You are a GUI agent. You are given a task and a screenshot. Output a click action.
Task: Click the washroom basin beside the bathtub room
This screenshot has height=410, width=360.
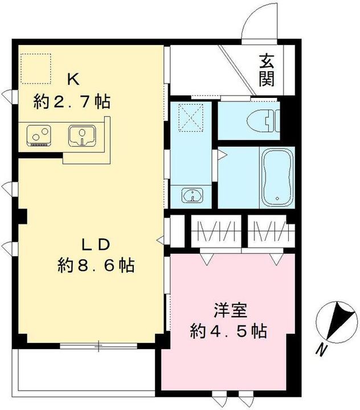[194, 195]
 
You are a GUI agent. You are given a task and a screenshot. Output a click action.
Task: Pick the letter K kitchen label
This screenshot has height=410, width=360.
[71, 78]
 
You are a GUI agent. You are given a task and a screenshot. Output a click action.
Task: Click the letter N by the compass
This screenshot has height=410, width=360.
[323, 348]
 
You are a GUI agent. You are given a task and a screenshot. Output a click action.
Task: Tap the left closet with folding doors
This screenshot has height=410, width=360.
[215, 232]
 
